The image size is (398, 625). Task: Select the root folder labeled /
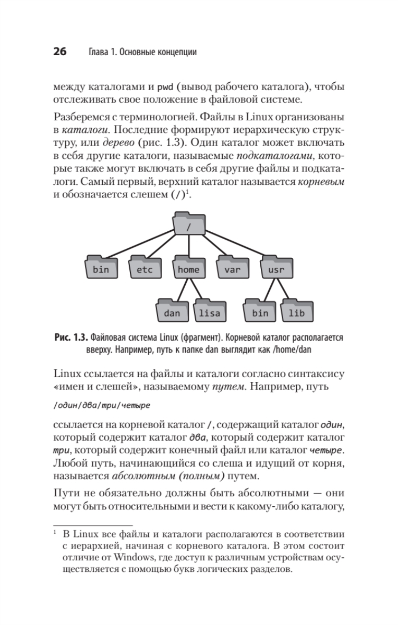pos(188,225)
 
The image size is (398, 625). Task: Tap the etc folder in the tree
pos(144,269)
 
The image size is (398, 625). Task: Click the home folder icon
pos(188,269)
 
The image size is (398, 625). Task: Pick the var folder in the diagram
pos(232,269)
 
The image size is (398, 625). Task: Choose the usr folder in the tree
pos(276,269)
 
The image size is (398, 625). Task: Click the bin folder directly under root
pos(101,269)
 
